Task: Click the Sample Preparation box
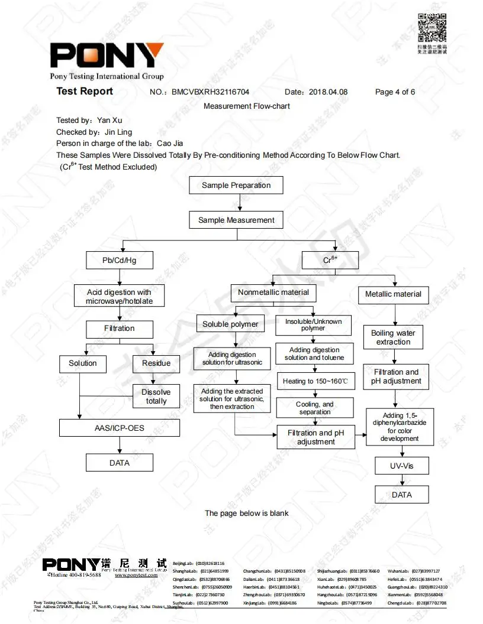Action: point(236,185)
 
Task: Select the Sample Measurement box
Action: point(236,220)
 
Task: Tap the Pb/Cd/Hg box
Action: point(120,260)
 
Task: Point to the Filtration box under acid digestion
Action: point(120,329)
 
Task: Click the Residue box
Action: point(156,363)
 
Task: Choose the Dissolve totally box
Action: point(156,396)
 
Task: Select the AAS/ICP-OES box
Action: point(120,428)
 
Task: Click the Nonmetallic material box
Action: point(273,292)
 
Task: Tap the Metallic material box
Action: point(393,294)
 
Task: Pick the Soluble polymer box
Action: point(230,324)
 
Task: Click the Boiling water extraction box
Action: point(393,337)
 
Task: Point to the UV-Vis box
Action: point(401,466)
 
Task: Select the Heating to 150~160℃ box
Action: point(315,381)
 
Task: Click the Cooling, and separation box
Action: point(315,408)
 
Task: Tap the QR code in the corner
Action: point(432,28)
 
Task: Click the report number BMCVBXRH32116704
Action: point(210,92)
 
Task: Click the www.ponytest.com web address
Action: point(136,575)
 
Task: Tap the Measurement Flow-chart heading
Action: point(247,106)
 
